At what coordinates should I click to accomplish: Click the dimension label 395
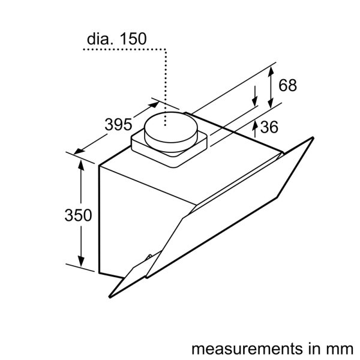118,125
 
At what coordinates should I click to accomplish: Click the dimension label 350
78,215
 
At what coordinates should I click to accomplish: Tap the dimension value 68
287,85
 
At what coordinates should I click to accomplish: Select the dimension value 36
269,127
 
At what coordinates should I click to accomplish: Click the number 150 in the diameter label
133,38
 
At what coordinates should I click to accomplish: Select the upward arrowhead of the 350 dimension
81,165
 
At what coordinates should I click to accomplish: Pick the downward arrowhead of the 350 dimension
81,261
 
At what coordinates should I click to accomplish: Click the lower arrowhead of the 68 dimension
271,103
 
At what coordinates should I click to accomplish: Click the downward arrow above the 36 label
254,96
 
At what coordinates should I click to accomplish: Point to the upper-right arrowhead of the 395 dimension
154,105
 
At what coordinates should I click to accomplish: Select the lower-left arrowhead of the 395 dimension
79,151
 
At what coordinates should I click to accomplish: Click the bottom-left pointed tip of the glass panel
110,298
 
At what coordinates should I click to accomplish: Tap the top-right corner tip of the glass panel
313,137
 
